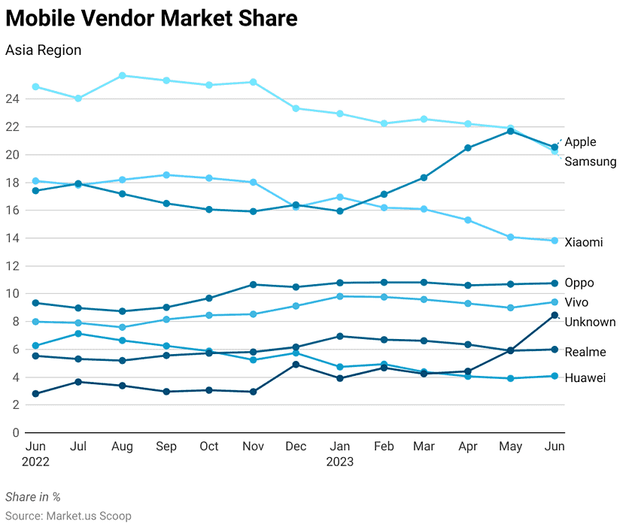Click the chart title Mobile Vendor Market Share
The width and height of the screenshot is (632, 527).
coord(151,18)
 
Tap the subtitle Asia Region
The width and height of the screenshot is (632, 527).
coord(43,50)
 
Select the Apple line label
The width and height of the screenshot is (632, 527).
coord(580,141)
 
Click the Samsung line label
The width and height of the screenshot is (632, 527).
coord(590,162)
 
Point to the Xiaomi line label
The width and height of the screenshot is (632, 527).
coord(583,242)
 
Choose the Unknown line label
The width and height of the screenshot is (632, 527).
coord(590,322)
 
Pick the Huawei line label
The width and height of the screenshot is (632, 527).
coord(585,378)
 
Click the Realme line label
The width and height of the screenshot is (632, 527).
coord(585,352)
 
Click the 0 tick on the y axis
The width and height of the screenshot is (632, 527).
coord(14,432)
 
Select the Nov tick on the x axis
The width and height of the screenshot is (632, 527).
coord(253,447)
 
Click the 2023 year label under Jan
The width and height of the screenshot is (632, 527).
coord(339,462)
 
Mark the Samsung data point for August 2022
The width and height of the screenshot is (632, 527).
coord(122,76)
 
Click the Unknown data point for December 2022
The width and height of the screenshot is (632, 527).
coord(296,365)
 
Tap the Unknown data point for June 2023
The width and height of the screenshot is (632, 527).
coord(555,315)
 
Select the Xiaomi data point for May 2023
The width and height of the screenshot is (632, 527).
coord(511,237)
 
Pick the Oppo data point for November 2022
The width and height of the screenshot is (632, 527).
coord(253,284)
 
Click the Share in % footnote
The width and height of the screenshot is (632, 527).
coord(32,497)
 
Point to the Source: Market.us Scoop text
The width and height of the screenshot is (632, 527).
coord(68,516)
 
